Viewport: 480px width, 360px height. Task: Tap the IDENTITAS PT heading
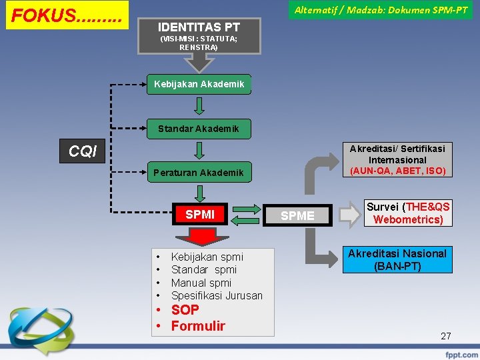tap(199, 27)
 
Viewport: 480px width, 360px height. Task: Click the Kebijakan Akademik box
tap(199, 84)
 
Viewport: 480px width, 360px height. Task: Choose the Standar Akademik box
tap(199, 128)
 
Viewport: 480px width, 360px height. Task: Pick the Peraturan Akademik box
tap(199, 173)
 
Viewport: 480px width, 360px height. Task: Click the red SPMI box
tap(200, 215)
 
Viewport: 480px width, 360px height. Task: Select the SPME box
tap(297, 215)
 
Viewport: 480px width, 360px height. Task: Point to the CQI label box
tap(83, 151)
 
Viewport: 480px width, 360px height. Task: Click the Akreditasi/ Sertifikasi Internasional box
tap(397, 159)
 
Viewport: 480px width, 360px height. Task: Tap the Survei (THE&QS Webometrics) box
tap(407, 213)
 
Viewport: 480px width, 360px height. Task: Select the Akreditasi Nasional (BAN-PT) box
tap(397, 260)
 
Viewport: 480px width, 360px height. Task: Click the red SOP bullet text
tap(185, 310)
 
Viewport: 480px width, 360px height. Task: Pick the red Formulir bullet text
tap(198, 326)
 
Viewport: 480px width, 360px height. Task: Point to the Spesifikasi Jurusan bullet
tap(217, 295)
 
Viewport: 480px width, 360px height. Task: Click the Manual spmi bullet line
tap(201, 283)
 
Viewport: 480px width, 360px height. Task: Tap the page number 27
tap(446, 336)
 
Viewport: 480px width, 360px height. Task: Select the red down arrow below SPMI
tap(199, 236)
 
